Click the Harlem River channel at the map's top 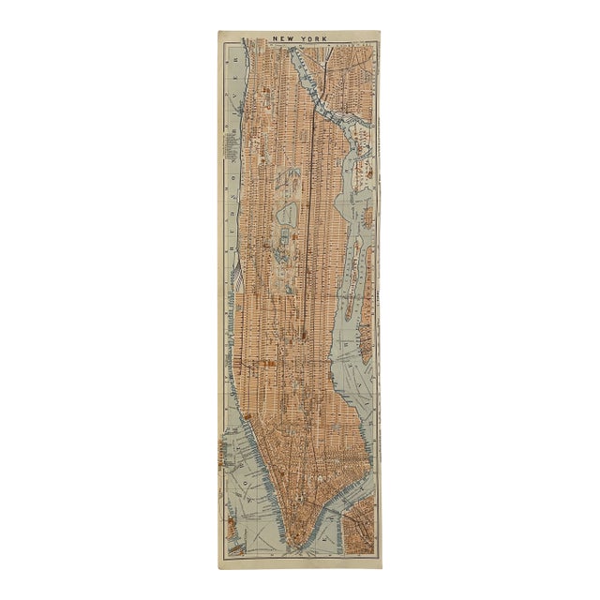coord(319,89)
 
